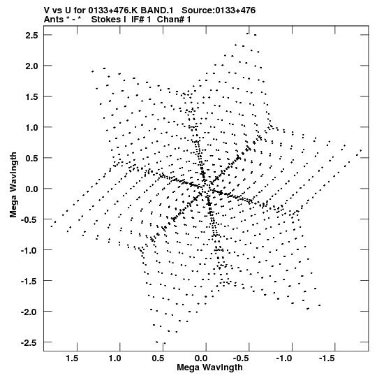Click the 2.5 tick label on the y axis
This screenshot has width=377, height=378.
click(x=31, y=35)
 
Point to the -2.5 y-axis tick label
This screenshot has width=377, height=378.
click(x=29, y=342)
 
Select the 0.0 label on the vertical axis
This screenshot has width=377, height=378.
click(x=31, y=189)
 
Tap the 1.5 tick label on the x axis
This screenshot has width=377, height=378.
click(x=72, y=358)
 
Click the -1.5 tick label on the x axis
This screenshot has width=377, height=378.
click(x=327, y=358)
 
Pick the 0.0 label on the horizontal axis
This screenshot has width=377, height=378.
click(x=201, y=358)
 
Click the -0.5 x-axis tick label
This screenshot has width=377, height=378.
click(x=241, y=358)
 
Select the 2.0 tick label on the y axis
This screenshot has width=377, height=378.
click(x=31, y=66)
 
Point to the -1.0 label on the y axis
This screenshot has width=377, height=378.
click(x=29, y=250)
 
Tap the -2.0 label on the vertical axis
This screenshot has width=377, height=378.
click(x=29, y=312)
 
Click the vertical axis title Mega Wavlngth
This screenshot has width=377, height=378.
click(x=13, y=185)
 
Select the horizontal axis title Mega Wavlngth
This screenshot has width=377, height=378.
click(x=209, y=368)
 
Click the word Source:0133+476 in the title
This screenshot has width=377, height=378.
click(x=219, y=10)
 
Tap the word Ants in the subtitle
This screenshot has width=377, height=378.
click(x=54, y=20)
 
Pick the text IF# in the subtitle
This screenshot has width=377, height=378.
click(x=138, y=20)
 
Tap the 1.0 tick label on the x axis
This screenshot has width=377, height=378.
click(x=114, y=358)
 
